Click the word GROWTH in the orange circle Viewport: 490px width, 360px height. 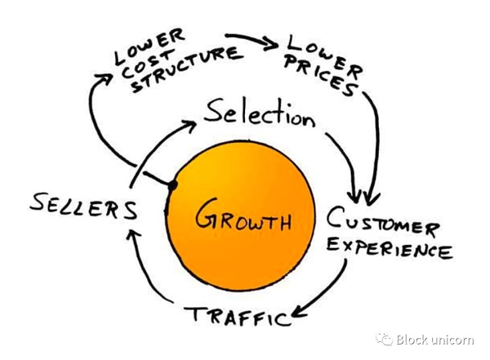pos(244,220)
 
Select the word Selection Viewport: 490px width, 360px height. pos(258,115)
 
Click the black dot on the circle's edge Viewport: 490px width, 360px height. pos(173,187)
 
